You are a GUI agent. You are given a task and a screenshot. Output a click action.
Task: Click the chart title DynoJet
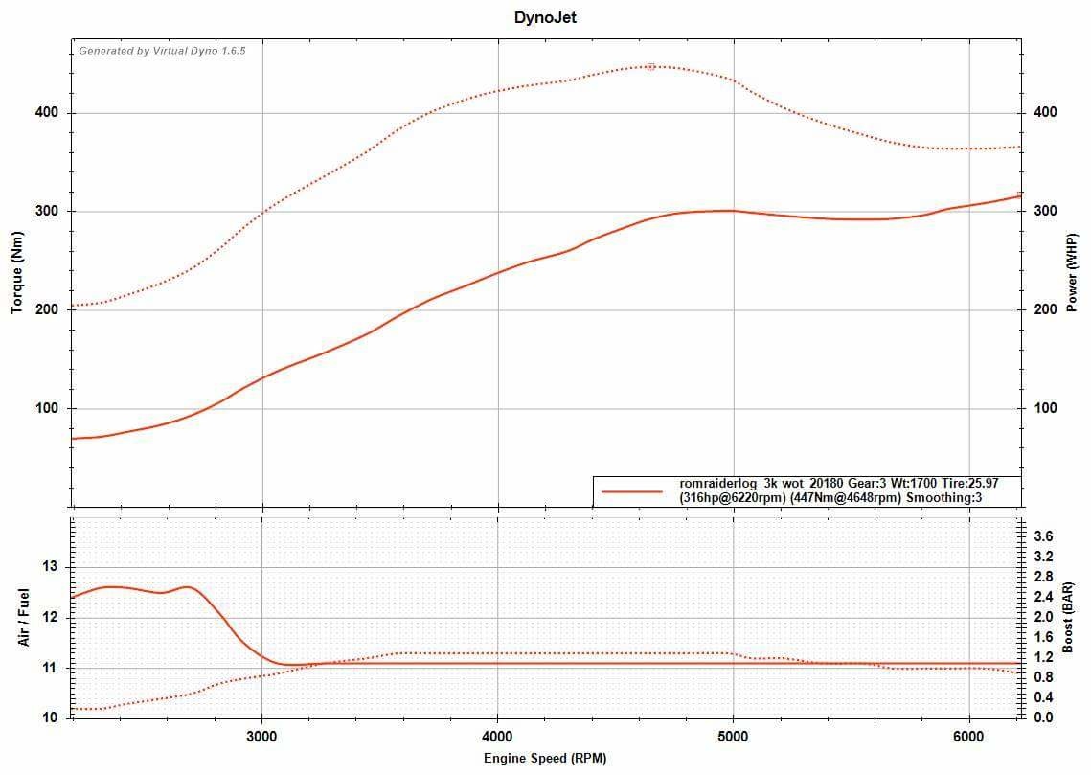(x=545, y=17)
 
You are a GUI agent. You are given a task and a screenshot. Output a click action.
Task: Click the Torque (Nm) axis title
(x=17, y=276)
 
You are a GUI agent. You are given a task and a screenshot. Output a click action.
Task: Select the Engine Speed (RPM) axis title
(x=545, y=758)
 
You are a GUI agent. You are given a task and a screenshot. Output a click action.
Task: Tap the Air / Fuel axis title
(x=24, y=617)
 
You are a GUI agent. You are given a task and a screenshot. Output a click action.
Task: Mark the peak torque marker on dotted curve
(x=650, y=66)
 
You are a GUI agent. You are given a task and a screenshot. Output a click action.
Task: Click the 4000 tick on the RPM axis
(x=497, y=736)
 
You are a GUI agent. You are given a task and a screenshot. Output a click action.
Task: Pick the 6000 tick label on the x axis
(x=969, y=736)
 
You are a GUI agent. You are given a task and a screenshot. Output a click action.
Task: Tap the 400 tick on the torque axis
(x=48, y=113)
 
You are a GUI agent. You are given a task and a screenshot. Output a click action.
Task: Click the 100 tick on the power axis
(x=1045, y=409)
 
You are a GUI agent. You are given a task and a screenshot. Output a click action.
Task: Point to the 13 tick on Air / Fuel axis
(x=50, y=567)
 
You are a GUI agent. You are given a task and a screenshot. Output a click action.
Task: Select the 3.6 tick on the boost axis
(x=1044, y=536)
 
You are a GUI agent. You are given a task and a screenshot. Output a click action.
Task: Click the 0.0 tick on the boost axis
(x=1044, y=717)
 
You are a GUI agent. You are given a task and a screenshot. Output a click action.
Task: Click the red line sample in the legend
(x=631, y=491)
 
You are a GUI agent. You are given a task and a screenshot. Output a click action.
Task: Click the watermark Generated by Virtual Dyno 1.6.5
(x=162, y=51)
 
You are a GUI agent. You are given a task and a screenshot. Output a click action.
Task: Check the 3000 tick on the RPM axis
(x=261, y=736)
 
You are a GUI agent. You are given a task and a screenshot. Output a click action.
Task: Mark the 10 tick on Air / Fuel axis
(x=50, y=718)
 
